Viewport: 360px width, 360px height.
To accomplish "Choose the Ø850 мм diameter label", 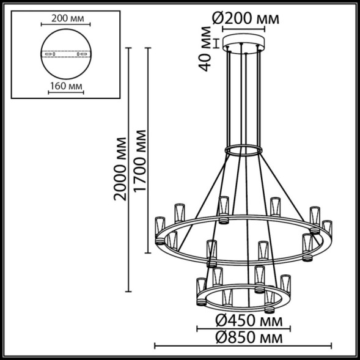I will tap(244, 336).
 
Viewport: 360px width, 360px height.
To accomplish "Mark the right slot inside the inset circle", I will tap(81, 54).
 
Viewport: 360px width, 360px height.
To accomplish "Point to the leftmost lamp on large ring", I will tap(162, 226).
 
